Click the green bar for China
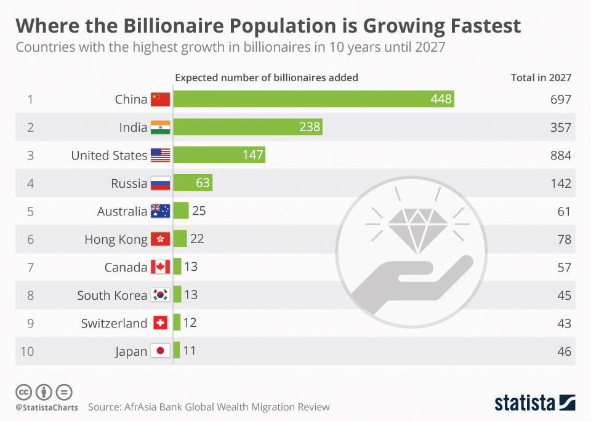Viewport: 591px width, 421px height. coord(314,99)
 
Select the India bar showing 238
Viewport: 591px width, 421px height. coord(248,127)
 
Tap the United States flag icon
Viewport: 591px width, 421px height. coord(160,155)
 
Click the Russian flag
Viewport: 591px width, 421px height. coord(160,183)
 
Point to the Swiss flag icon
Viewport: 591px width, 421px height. coord(160,323)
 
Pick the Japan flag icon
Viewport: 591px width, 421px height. coord(160,351)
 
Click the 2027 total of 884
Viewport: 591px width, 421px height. coord(561,155)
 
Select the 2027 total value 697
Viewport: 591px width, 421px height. coord(561,99)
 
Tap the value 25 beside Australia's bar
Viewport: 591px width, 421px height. coord(199,211)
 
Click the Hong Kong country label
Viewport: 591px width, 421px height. coord(116,239)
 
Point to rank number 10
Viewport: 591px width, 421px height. coord(27,351)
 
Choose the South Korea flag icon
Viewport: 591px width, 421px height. coord(160,295)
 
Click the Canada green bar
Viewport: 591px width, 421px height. coord(177,267)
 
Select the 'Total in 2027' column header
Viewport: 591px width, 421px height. coord(541,78)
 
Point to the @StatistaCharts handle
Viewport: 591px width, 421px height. coord(47,407)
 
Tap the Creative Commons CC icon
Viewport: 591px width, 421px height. coord(23,391)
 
